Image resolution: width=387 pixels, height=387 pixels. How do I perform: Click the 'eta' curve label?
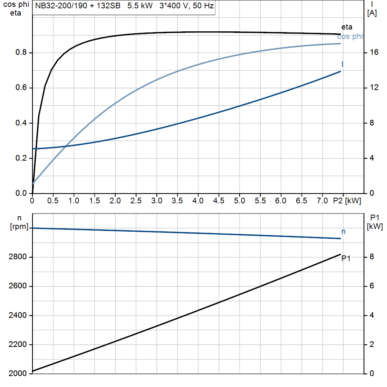tap(347, 27)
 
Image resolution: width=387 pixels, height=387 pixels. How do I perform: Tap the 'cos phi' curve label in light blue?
tap(350, 37)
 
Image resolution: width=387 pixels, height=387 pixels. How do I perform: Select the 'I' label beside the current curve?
tap(342, 64)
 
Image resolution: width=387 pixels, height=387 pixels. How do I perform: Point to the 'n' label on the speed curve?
tap(343, 232)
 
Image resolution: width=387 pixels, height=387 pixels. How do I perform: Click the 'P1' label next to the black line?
tap(346, 259)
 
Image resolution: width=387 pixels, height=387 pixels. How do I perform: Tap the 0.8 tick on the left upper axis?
tap(21, 53)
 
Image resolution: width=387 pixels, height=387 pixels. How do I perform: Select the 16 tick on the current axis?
tap(374, 53)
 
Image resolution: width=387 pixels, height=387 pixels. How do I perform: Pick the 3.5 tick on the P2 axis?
tap(177, 201)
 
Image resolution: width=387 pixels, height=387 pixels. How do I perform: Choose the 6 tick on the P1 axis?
tap(372, 286)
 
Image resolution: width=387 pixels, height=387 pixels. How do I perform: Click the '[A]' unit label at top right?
tap(372, 13)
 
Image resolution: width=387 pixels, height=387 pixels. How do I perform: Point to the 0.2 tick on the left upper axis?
tap(21, 158)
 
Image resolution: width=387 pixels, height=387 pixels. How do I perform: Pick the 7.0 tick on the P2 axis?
tap(322, 201)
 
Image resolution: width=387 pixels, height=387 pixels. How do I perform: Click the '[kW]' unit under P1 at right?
tap(375, 227)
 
